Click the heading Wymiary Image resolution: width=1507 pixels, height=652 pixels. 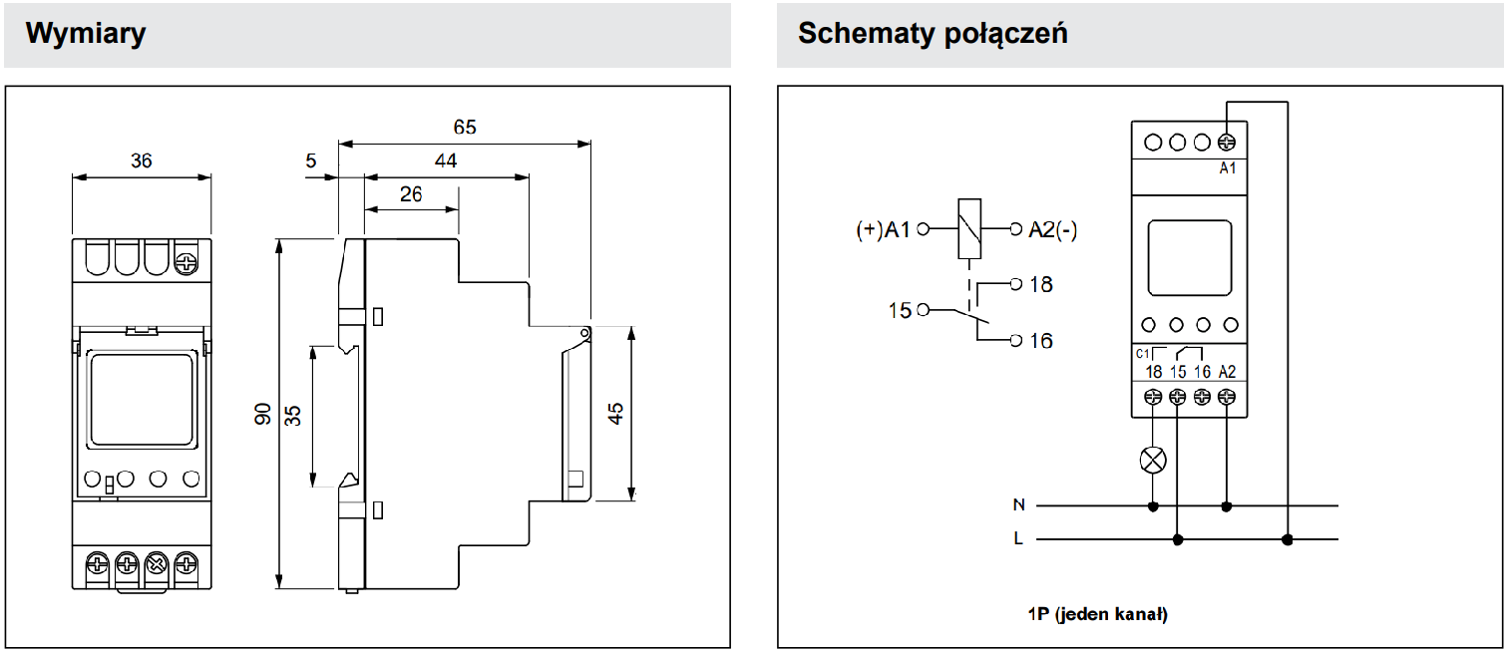[x=86, y=33]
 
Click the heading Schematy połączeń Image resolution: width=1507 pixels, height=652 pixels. [x=933, y=33]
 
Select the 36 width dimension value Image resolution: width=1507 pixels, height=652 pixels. [x=142, y=161]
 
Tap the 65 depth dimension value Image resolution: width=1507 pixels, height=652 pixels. [x=465, y=128]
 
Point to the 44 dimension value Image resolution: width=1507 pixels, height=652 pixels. [x=446, y=161]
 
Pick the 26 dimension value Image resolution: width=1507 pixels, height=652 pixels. [x=411, y=193]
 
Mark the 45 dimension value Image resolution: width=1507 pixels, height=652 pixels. [x=616, y=413]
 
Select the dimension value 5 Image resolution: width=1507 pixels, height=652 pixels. [x=311, y=161]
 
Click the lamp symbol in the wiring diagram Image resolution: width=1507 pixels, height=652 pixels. [x=1154, y=460]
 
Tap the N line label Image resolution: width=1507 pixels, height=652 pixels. [x=1018, y=505]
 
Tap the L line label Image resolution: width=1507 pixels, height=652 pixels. [x=1018, y=539]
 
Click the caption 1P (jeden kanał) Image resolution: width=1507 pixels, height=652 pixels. [x=1097, y=614]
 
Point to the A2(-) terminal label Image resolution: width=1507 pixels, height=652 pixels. [x=1053, y=230]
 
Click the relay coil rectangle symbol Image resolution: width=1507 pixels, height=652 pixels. [x=968, y=230]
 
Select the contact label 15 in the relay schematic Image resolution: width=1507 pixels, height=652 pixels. [x=901, y=311]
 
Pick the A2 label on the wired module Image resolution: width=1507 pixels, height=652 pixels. [x=1228, y=372]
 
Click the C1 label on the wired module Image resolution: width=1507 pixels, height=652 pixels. [x=1143, y=354]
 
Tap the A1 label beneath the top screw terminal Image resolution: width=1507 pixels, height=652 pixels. [x=1228, y=168]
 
